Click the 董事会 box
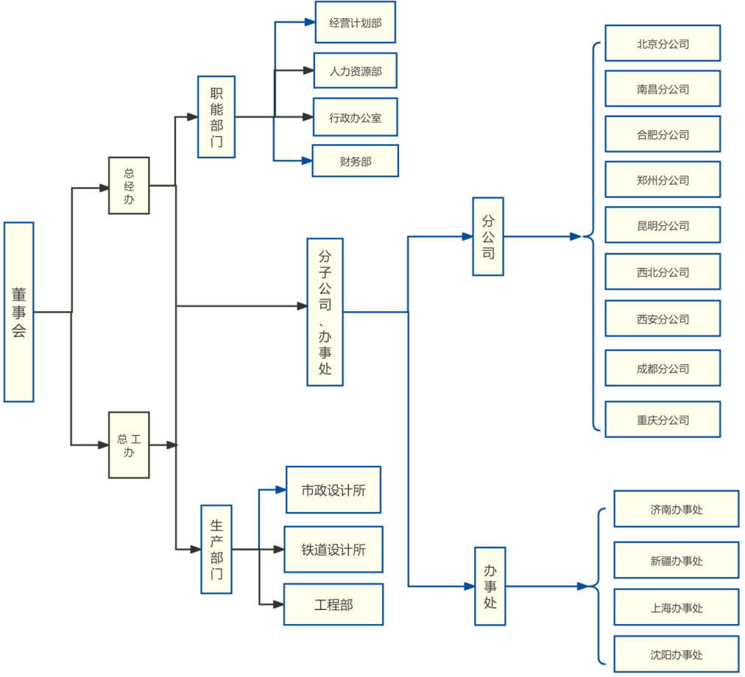point(18,312)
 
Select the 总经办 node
point(129,185)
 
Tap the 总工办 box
point(129,445)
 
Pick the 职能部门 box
point(216,117)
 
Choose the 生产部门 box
point(216,549)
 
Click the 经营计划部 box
point(356,23)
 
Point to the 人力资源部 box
point(356,71)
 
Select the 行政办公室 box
point(356,117)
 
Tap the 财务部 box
point(356,161)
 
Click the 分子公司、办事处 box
point(325,312)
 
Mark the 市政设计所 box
point(333,489)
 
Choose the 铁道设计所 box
point(333,549)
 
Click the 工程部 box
point(333,604)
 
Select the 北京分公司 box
point(663,43)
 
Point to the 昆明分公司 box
point(663,225)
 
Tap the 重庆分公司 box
point(663,419)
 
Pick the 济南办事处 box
point(676,509)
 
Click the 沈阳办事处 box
point(676,654)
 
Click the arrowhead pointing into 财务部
point(307,160)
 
